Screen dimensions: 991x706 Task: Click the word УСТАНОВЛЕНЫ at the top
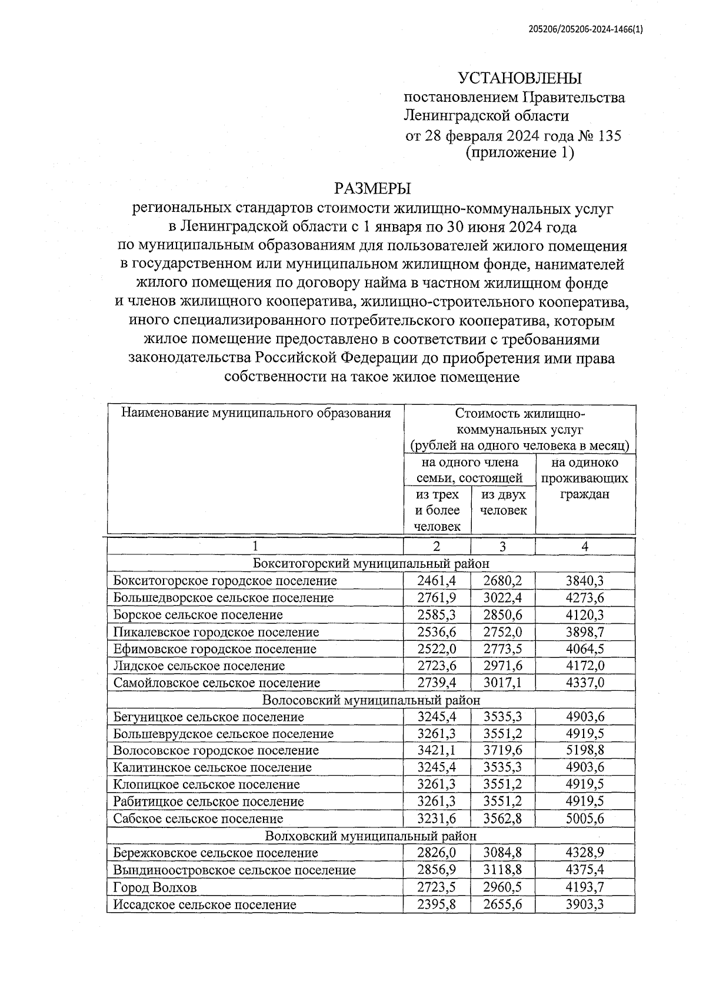click(x=519, y=78)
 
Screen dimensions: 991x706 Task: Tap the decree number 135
click(x=609, y=136)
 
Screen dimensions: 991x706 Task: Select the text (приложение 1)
click(x=519, y=153)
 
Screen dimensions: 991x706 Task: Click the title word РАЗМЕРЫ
click(x=372, y=189)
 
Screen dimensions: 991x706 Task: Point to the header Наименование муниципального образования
click(x=256, y=413)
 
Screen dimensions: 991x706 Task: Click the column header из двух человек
click(x=503, y=503)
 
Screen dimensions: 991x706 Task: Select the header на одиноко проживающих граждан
click(x=584, y=478)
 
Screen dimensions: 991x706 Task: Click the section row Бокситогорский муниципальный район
click(x=371, y=563)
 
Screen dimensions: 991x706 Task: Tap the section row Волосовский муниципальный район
click(x=371, y=700)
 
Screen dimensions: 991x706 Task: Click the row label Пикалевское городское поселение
click(x=217, y=632)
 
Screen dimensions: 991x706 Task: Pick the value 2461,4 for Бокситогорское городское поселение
click(x=437, y=581)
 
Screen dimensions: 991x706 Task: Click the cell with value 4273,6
click(x=585, y=598)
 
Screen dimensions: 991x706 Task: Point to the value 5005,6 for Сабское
click(x=585, y=819)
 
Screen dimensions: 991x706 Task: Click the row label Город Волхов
click(x=155, y=887)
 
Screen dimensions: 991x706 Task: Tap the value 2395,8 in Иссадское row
click(x=437, y=904)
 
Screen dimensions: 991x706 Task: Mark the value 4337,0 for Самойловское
click(x=585, y=683)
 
